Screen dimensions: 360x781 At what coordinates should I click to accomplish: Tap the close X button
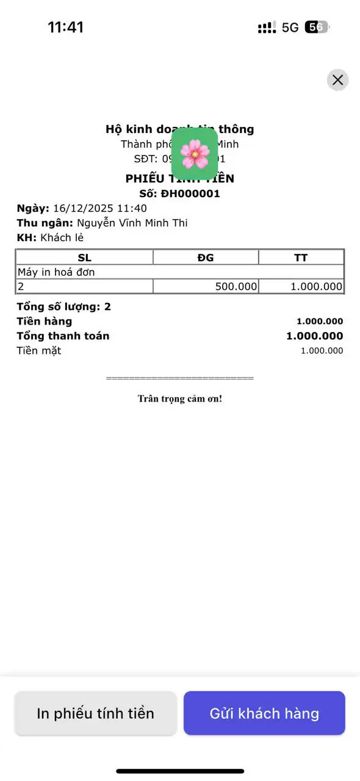[x=337, y=80]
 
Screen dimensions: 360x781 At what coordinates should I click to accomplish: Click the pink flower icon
[x=195, y=154]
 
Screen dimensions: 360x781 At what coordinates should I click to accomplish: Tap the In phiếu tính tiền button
[x=95, y=713]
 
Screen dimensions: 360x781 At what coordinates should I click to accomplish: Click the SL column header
[x=84, y=257]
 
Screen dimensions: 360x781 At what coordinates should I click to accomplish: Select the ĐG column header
[x=206, y=257]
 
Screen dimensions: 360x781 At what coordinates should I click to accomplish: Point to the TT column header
[x=301, y=257]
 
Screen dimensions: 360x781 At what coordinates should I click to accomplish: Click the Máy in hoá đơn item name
[x=56, y=272]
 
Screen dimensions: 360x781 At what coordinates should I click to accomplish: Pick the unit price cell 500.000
[x=236, y=286]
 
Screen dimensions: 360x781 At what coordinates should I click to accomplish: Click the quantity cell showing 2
[x=21, y=286]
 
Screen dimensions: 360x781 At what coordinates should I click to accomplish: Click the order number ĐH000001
[x=190, y=194]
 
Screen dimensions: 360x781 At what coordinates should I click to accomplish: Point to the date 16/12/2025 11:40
[x=100, y=209]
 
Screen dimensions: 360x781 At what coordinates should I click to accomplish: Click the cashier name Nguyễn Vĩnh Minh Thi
[x=132, y=223]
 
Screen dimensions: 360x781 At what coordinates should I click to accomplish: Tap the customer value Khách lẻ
[x=62, y=238]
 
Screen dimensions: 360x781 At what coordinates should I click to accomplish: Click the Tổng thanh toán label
[x=63, y=336]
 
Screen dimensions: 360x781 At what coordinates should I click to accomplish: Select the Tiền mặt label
[x=39, y=351]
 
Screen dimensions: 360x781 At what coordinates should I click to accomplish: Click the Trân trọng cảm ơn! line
[x=180, y=399]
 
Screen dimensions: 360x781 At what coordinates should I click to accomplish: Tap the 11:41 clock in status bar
[x=65, y=27]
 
